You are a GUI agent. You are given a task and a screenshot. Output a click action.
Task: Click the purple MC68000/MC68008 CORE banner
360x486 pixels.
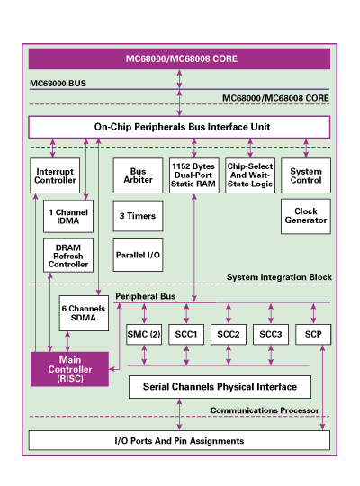click(179, 59)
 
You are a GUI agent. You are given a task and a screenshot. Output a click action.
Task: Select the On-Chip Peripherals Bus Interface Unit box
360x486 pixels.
click(179, 127)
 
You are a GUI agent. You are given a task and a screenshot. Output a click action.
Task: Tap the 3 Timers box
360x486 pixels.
click(134, 217)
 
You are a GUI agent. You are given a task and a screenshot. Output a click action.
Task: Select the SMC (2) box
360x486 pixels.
click(144, 334)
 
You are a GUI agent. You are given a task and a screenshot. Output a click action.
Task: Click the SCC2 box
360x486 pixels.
click(229, 334)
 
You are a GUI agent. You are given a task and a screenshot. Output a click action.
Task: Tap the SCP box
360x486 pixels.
click(313, 334)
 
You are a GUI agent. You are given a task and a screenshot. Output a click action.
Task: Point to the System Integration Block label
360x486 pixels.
click(279, 277)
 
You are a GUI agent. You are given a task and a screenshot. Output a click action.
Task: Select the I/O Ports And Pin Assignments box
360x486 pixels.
click(179, 441)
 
